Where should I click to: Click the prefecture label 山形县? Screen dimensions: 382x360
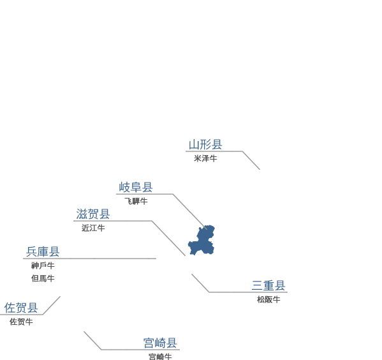(x=205, y=144)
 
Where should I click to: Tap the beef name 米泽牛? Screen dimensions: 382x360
(x=205, y=158)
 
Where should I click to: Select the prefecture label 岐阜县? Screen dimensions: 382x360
(x=136, y=187)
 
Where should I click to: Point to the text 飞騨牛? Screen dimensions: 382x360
(x=136, y=201)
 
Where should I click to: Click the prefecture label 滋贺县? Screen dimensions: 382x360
(x=93, y=214)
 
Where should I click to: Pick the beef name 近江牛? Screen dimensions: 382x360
(x=93, y=228)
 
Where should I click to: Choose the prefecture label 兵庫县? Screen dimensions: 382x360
(x=43, y=251)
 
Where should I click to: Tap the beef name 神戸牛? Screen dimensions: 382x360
(x=43, y=266)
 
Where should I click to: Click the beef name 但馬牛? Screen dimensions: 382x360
(x=43, y=278)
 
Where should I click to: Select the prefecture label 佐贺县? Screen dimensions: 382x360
(x=21, y=308)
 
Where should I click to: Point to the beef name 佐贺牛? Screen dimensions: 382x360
(x=21, y=322)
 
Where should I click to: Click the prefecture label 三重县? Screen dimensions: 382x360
(x=268, y=285)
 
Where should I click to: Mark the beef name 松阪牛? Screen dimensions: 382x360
(x=268, y=299)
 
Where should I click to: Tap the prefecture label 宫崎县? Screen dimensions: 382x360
(x=160, y=343)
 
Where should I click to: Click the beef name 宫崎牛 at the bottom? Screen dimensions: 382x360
(x=160, y=357)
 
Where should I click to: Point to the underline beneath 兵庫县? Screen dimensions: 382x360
(x=89, y=259)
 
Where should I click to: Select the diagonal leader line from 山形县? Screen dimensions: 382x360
(x=251, y=160)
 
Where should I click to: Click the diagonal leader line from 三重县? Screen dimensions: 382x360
(x=200, y=283)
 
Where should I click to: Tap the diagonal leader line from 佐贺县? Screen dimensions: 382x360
(x=52, y=305)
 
